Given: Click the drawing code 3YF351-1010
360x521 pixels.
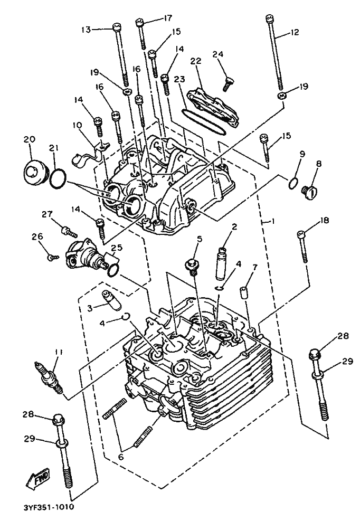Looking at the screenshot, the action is click(x=49, y=507).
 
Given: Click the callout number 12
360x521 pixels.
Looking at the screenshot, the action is click(x=294, y=32).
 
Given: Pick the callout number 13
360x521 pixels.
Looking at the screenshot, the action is click(x=86, y=30).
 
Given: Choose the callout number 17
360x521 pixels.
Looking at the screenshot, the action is click(x=167, y=18).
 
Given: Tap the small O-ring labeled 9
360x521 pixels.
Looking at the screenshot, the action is click(x=293, y=183).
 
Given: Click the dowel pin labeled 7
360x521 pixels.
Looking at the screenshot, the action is click(x=245, y=291).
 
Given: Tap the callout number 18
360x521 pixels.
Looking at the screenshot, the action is click(x=325, y=221).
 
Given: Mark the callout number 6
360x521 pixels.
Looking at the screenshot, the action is click(x=121, y=457).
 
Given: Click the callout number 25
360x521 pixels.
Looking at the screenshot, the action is click(x=117, y=248).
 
